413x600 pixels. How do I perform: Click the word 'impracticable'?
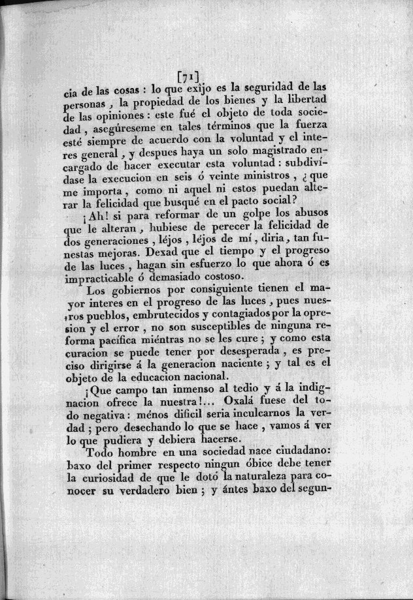click(x=115, y=279)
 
